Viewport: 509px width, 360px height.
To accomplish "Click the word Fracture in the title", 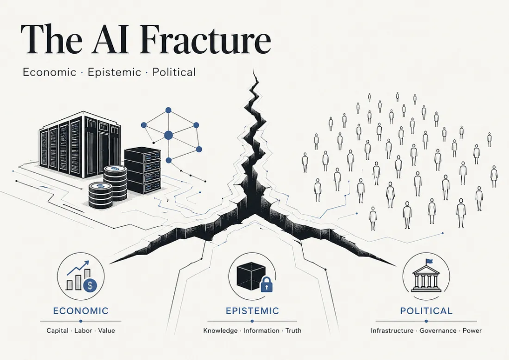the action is point(206,39).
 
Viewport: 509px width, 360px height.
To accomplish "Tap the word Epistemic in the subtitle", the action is point(115,72).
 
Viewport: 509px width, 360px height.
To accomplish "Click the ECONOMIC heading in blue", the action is point(81,311).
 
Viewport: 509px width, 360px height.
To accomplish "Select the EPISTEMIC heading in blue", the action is point(252,311).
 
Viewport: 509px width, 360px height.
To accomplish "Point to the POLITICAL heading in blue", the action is point(426,311).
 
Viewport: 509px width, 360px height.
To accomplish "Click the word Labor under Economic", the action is point(83,331).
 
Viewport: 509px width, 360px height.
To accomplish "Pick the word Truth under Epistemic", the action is point(293,331).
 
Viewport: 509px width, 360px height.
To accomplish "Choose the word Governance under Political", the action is point(438,331).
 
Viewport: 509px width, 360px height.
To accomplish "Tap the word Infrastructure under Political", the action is point(392,331).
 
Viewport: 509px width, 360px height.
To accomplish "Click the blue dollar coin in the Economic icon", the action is point(90,285).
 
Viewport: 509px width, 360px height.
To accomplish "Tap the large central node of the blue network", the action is point(168,135).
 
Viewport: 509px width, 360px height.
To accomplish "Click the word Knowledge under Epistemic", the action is point(220,331).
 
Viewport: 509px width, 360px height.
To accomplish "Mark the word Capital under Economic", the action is point(58,331).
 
